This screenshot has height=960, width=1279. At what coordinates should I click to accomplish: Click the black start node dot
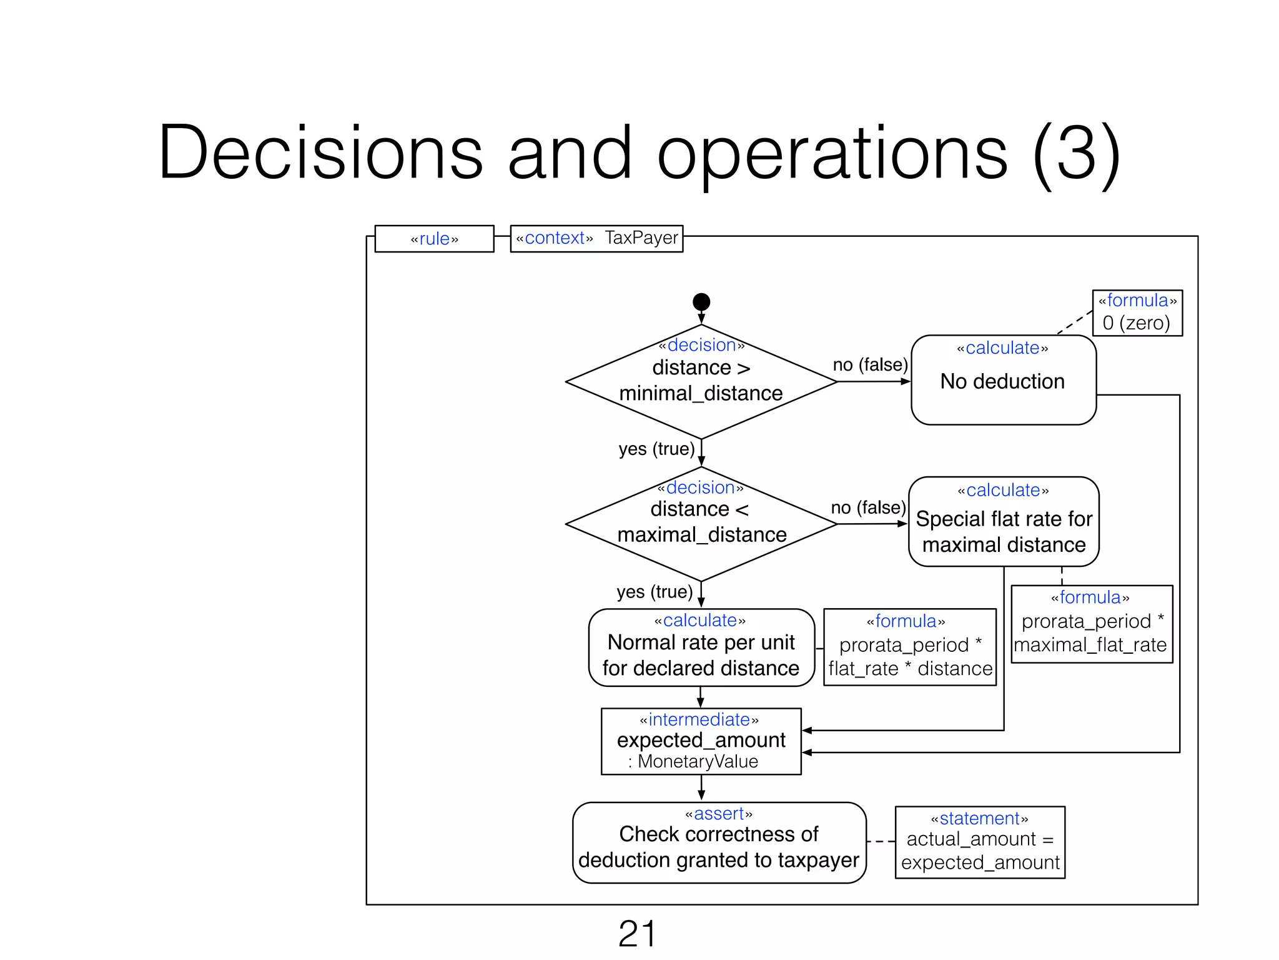[701, 302]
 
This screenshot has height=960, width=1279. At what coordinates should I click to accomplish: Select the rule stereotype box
[434, 239]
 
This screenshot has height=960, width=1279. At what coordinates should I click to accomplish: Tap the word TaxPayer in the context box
[641, 238]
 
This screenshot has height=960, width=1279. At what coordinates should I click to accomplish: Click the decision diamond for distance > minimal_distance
[701, 381]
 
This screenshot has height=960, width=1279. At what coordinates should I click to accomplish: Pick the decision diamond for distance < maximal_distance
[701, 523]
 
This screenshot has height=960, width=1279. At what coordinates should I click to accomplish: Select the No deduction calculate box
[1003, 380]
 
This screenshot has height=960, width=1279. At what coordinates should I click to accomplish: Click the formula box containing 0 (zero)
[1137, 312]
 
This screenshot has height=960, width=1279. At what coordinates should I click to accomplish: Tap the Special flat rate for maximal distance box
[1004, 522]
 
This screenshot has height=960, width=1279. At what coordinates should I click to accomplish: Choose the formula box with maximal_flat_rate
[1091, 623]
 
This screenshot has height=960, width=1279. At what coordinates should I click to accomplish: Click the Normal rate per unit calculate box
[701, 647]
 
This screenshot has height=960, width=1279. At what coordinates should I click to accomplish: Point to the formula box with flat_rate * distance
[909, 647]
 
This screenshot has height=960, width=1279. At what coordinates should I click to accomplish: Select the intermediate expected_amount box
[701, 741]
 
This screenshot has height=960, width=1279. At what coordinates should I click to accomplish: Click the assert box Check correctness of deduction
[719, 842]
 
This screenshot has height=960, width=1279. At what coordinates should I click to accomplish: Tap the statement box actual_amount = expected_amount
[979, 842]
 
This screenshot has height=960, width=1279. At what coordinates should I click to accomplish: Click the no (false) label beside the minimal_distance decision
[870, 364]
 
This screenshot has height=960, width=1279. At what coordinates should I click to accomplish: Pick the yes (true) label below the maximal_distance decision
[654, 591]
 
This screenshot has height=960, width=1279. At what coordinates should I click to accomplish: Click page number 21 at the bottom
[637, 934]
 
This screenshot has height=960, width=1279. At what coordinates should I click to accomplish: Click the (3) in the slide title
[1076, 153]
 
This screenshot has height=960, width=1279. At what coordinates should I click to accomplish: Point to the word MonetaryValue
[698, 761]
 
